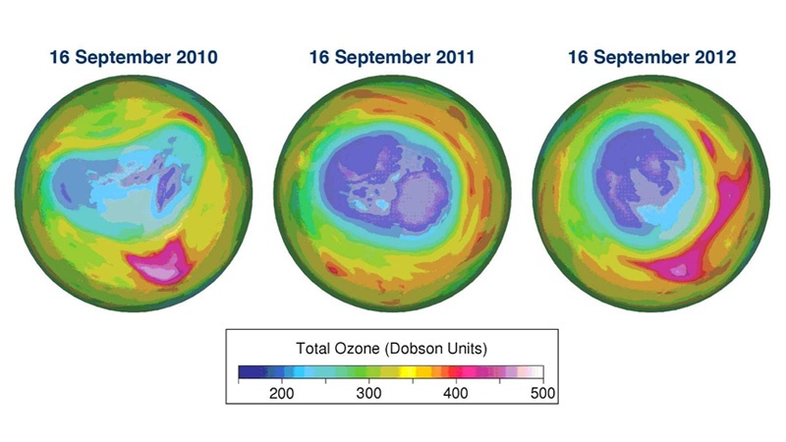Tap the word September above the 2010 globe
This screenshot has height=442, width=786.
click(x=124, y=58)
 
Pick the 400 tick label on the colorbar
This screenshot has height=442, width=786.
click(x=456, y=393)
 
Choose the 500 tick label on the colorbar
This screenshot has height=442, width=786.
click(x=542, y=393)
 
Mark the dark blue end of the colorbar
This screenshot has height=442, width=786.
click(x=247, y=371)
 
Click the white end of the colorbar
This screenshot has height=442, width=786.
click(x=536, y=371)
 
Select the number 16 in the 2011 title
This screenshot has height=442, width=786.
click(x=319, y=58)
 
